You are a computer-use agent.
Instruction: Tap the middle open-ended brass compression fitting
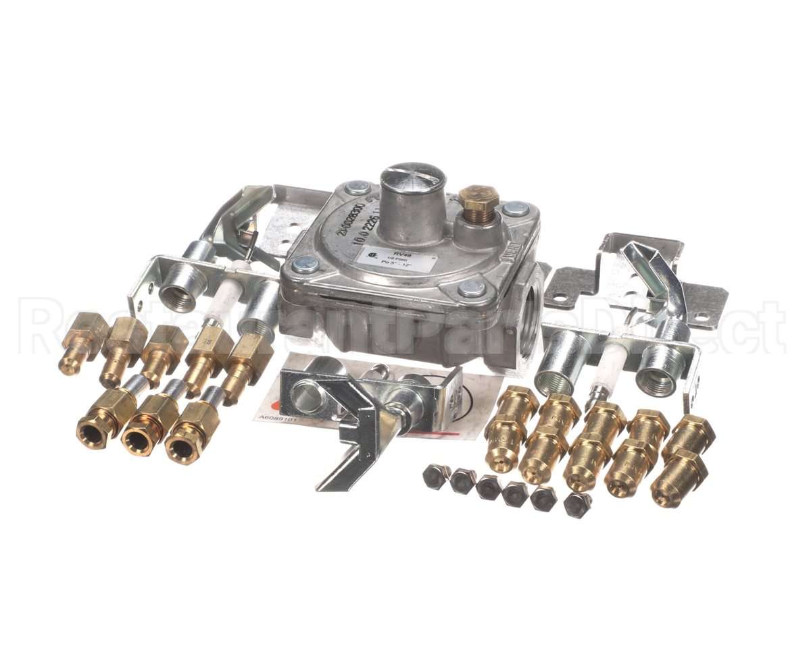(141, 438)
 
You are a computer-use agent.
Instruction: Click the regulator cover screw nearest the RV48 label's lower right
(471, 288)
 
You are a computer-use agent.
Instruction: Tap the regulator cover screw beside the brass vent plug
(515, 209)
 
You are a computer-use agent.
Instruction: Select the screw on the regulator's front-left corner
(305, 265)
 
